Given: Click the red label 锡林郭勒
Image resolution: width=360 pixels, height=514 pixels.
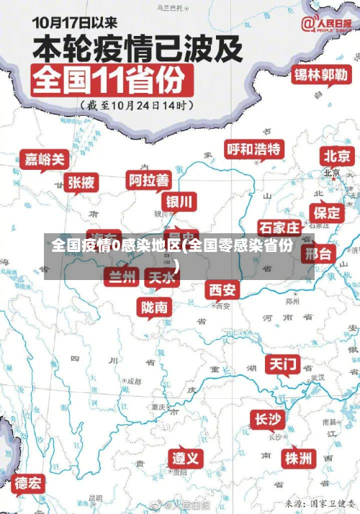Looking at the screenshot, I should pyautogui.click(x=320, y=75).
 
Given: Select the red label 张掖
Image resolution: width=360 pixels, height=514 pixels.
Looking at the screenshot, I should pyautogui.click(x=81, y=183).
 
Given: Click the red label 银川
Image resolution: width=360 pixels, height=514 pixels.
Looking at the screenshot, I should pyautogui.click(x=179, y=201).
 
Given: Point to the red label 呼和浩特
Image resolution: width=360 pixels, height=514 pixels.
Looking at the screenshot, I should pyautogui.click(x=253, y=149).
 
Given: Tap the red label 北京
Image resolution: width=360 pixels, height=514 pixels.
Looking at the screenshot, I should pyautogui.click(x=337, y=155).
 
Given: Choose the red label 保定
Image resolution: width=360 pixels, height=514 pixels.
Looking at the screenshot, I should pyautogui.click(x=327, y=212).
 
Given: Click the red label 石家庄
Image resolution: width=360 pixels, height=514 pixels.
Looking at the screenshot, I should pyautogui.click(x=279, y=228).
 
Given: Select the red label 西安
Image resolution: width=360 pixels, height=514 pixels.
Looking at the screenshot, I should pyautogui.click(x=222, y=289).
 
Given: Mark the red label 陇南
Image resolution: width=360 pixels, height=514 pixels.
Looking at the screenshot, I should pyautogui.click(x=155, y=307).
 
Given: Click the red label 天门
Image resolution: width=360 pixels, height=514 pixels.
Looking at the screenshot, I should pyautogui.click(x=283, y=364).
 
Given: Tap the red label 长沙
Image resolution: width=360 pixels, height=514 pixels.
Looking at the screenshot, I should pyautogui.click(x=268, y=419).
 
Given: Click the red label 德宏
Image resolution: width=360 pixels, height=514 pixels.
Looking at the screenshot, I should pyautogui.click(x=30, y=482).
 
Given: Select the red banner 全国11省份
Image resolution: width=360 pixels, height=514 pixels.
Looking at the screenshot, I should pyautogui.click(x=112, y=78).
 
